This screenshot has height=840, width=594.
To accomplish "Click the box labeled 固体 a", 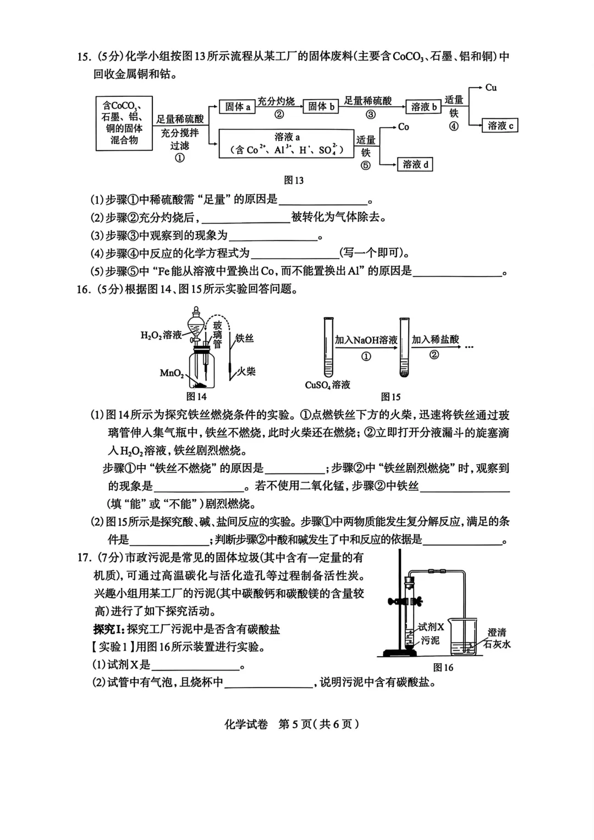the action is tap(238, 107).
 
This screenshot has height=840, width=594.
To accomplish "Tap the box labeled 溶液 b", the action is tap(424, 107).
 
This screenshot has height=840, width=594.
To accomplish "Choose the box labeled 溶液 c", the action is tap(500, 126).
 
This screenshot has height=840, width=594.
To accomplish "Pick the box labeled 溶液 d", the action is tap(415, 164).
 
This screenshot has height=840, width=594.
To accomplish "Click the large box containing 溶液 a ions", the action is tap(286, 144).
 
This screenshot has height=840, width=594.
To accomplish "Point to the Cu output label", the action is tap(491, 88).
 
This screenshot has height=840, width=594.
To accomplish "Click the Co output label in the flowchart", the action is tap(404, 127).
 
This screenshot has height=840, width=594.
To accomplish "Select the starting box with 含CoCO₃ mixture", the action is tap(124, 123).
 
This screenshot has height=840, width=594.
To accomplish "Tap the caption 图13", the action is tap(294, 180).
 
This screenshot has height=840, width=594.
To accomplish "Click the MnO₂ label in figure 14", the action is tap(172, 373).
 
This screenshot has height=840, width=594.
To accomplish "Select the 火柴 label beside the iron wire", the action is tap(245, 371).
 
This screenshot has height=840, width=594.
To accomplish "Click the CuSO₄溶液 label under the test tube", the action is tap(328, 385).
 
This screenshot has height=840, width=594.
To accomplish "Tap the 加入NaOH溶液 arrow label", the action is tap(366, 340).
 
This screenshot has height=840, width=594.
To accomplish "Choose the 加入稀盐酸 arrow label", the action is tap(435, 340).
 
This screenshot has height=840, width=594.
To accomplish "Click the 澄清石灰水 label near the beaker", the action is tap(497, 639).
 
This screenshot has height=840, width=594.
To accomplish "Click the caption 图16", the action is tap(443, 668).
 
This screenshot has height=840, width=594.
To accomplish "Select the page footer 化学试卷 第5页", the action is tap(291, 724).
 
